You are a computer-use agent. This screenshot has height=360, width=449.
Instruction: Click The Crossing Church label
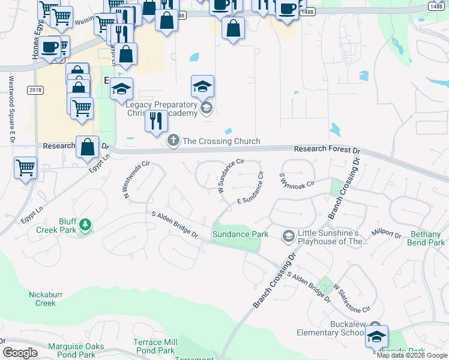(221, 142)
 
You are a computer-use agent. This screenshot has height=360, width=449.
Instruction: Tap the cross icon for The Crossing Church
(173, 141)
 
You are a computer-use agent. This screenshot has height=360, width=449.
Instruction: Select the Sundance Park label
(240, 234)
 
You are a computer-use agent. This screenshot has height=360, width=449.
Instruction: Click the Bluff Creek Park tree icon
(86, 225)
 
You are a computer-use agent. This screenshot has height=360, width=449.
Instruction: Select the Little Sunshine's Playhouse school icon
(289, 236)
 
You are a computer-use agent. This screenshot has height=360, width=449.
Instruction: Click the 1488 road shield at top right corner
(437, 5)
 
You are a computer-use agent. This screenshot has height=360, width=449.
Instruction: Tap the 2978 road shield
(36, 89)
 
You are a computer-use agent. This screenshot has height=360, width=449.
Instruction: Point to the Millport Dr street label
(386, 232)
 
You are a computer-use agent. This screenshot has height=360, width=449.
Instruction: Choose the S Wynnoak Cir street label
(297, 179)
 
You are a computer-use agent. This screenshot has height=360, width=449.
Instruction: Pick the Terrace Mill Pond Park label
(154, 346)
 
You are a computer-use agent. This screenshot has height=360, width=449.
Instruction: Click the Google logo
(20, 353)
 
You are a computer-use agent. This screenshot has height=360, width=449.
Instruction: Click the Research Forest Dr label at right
(327, 149)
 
